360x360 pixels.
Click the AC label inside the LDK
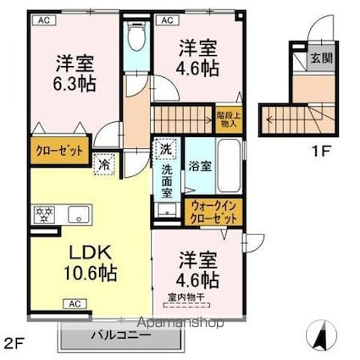pos(74,303)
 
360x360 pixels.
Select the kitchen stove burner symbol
pos(43,213)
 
